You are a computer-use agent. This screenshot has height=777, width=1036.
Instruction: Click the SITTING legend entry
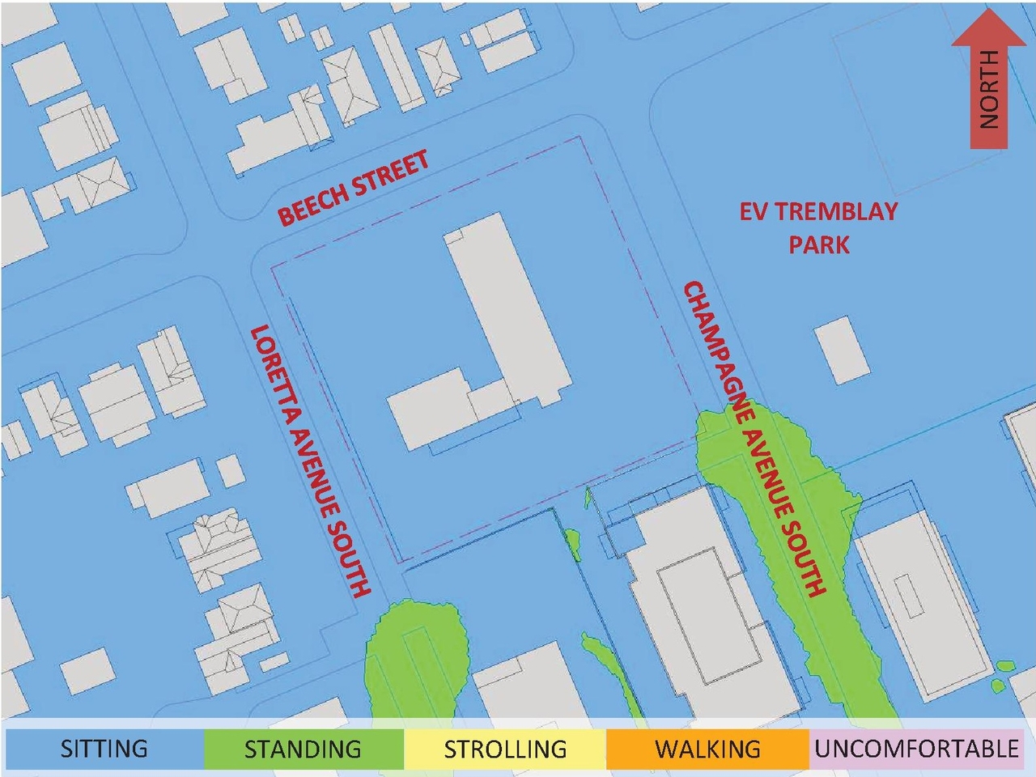[104, 749]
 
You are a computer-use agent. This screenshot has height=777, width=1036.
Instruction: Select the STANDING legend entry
[303, 749]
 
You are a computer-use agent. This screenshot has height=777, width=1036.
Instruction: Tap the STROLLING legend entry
[505, 749]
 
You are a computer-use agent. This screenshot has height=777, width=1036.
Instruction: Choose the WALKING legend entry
[707, 749]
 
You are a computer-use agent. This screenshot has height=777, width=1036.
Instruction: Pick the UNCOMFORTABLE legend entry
[916, 749]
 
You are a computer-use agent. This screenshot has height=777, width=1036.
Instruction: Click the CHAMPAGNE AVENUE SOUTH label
[754, 438]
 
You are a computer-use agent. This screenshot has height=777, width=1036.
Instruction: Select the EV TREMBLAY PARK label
[818, 227]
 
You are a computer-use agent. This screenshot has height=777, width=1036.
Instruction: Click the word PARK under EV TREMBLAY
[819, 244]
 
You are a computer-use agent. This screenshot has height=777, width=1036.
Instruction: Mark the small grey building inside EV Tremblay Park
[843, 350]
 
